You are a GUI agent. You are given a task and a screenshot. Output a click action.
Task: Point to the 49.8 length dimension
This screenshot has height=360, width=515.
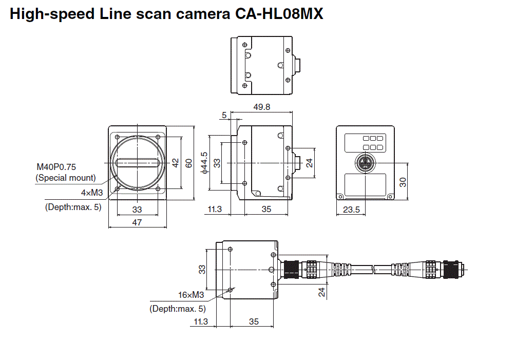262,107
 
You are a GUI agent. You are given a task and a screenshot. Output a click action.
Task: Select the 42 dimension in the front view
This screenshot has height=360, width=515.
175,163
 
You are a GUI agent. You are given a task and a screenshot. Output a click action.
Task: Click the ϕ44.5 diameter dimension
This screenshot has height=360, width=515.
205,163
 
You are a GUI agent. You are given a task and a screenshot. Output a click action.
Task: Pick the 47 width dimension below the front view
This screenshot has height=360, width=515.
137,222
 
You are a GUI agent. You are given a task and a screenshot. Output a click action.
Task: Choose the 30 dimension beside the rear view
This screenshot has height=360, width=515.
403,182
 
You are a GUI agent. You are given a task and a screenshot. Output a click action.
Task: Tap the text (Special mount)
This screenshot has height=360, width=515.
65,178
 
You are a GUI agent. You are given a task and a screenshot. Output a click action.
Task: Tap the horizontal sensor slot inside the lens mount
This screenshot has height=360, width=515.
137,163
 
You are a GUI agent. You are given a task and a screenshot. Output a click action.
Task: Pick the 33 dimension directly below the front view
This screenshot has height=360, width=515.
137,210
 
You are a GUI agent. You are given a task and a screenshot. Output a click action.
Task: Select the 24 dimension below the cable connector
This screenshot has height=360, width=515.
322,292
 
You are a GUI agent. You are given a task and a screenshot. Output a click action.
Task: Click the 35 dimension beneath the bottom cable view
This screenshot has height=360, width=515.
254,321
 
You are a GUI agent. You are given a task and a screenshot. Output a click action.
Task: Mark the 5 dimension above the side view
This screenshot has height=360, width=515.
224,115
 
